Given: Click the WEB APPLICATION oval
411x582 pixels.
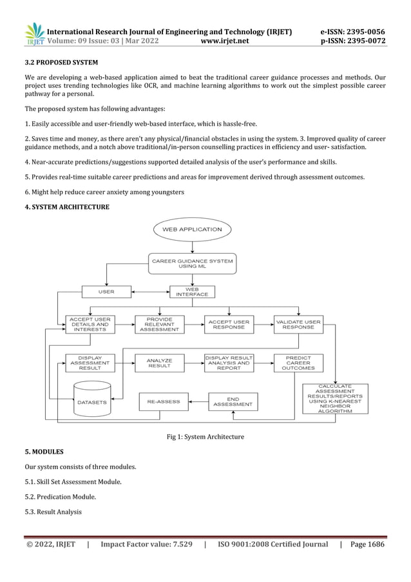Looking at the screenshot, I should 192,230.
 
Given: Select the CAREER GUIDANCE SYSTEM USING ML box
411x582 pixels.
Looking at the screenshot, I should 192,263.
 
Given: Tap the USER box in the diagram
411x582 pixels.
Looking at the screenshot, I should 106,292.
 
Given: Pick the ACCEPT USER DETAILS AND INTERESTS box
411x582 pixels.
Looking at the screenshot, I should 90,325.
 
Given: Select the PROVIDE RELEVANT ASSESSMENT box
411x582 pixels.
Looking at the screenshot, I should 159,325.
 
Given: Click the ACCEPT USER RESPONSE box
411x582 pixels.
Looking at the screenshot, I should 229,325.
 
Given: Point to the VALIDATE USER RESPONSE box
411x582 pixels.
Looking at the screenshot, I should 298,325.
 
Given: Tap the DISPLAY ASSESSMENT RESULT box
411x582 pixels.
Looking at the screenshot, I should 90,363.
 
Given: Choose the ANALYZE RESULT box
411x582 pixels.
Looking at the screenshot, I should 159,363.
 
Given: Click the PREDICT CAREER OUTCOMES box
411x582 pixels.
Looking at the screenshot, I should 298,363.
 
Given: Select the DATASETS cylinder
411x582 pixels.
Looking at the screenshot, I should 92,399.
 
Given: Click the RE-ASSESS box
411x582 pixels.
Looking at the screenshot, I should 164,401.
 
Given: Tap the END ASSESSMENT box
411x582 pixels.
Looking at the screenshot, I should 233,401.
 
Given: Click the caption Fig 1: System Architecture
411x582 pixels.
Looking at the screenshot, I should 205,437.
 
